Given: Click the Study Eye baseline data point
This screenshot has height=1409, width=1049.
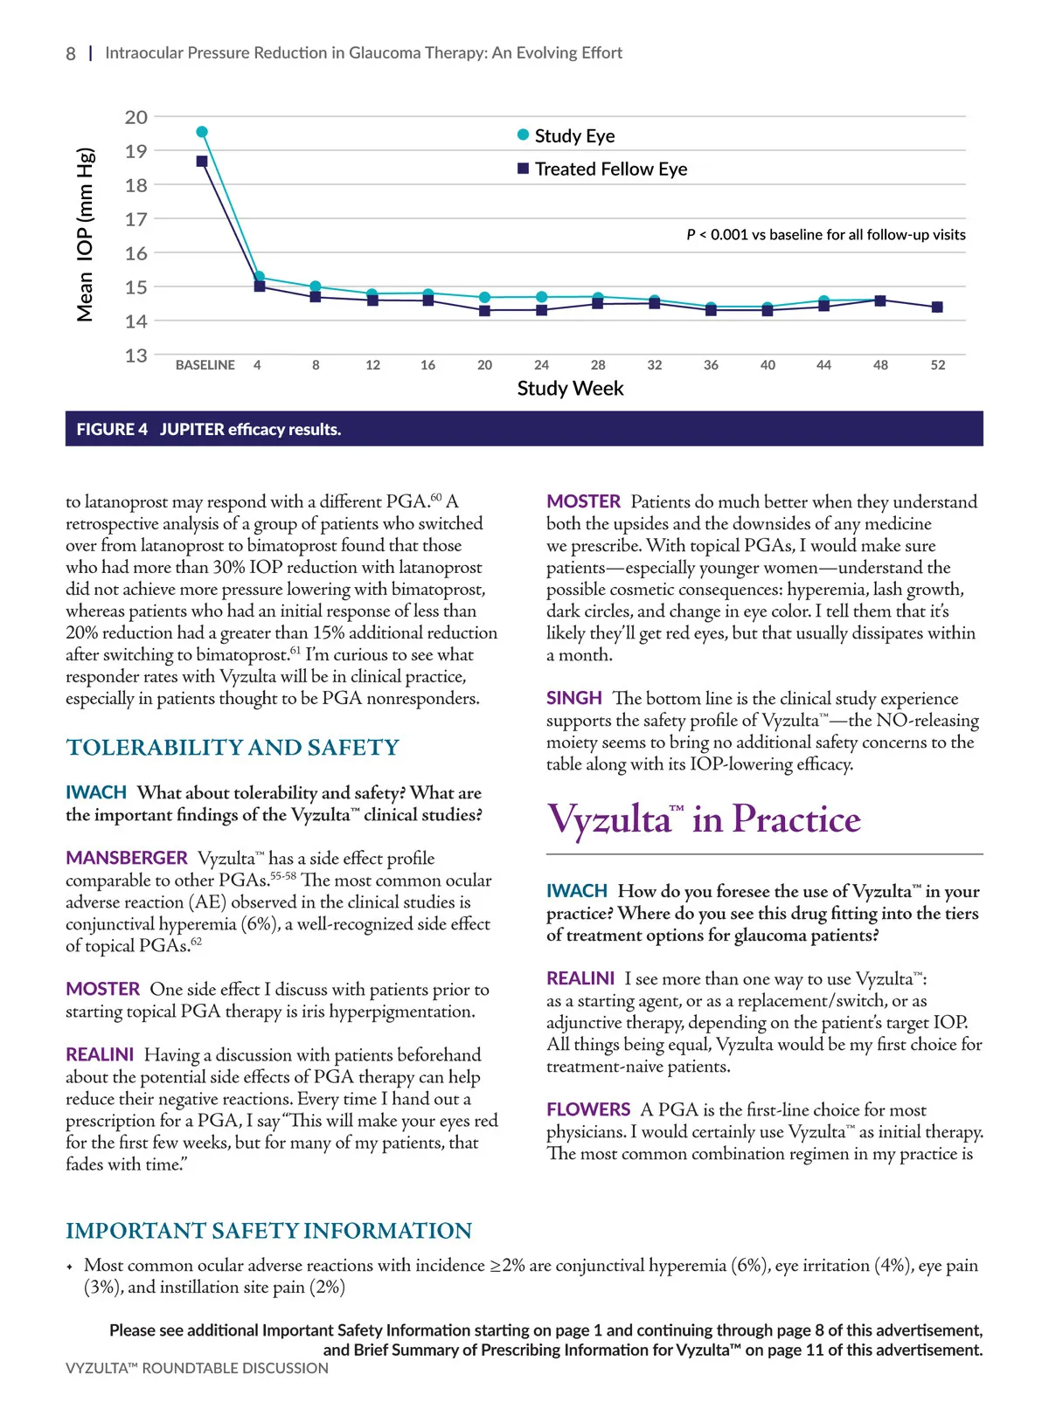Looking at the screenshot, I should point(202,132).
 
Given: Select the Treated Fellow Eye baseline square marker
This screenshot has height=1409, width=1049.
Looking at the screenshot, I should point(202,162).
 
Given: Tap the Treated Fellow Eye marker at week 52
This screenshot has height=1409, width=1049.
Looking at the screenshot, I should point(937,307).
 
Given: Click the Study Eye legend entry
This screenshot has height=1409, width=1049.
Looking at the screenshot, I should point(566,135).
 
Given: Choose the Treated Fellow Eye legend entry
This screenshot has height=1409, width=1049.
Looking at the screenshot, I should point(602,169).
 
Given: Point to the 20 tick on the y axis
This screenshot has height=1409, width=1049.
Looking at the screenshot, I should point(136,117).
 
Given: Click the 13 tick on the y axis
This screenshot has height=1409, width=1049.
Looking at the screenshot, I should point(136,356).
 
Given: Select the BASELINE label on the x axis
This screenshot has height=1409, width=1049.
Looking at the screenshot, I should point(205,365).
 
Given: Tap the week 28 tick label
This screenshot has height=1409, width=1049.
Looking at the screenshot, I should point(598,365).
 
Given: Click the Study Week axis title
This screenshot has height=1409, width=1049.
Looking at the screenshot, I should point(570,389).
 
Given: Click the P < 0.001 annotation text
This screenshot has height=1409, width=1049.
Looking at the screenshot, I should point(826,235).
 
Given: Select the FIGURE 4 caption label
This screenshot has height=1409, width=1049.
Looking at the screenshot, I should point(112,429).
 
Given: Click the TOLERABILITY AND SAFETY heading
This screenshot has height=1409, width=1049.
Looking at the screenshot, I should point(233,748).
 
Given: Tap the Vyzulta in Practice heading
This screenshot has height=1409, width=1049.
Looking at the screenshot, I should point(704,819).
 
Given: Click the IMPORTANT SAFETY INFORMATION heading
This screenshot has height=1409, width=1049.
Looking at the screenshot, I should point(268,1231).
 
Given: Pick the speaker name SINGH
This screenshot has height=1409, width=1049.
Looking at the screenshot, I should point(574,698).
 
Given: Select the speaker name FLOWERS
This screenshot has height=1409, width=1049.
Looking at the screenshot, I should point(588,1109).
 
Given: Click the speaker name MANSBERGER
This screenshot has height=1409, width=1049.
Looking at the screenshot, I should point(127,858).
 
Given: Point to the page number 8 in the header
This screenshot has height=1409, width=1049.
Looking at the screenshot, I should point(71,53).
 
